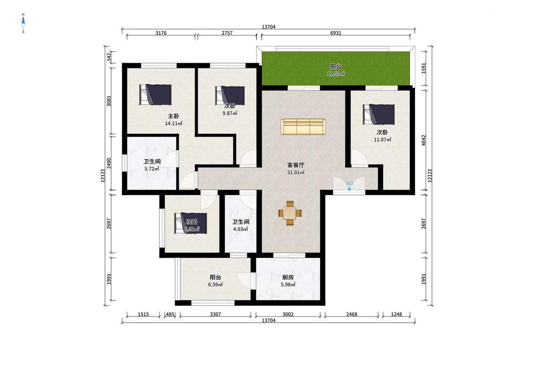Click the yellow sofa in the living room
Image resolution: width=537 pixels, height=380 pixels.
pyautogui.click(x=303, y=127)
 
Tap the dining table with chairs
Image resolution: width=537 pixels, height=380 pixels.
pyautogui.click(x=290, y=213)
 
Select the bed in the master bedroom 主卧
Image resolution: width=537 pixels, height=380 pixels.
pyautogui.click(x=156, y=95)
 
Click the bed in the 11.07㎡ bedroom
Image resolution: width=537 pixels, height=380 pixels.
pyautogui.click(x=379, y=115)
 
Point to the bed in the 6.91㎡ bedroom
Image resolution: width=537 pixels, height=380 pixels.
pyautogui.click(x=191, y=223)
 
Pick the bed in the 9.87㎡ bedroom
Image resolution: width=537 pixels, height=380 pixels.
pyautogui.click(x=230, y=95)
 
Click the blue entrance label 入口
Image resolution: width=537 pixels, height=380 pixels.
pyautogui.click(x=349, y=184)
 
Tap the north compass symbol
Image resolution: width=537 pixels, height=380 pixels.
pyautogui.click(x=23, y=23)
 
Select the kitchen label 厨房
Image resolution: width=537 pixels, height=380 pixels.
pyautogui.click(x=288, y=277)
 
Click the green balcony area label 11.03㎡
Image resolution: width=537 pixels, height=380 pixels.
pyautogui.click(x=336, y=74)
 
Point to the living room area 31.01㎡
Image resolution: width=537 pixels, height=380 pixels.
pyautogui.click(x=296, y=173)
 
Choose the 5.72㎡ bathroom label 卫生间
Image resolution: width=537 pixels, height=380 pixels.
pyautogui.click(x=152, y=161)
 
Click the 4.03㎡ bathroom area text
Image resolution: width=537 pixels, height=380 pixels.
pyautogui.click(x=241, y=229)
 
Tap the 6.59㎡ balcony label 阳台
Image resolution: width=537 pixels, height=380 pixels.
pyautogui.click(x=215, y=277)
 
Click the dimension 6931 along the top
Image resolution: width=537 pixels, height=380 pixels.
pyautogui.click(x=336, y=33)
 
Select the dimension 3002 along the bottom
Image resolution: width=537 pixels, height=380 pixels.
pyautogui.click(x=288, y=314)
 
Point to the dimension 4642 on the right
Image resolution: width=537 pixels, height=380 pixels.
pyautogui.click(x=424, y=140)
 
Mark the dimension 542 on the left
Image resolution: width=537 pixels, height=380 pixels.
pyautogui.click(x=109, y=57)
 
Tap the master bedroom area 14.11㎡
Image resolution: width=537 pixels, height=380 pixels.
pyautogui.click(x=174, y=123)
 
